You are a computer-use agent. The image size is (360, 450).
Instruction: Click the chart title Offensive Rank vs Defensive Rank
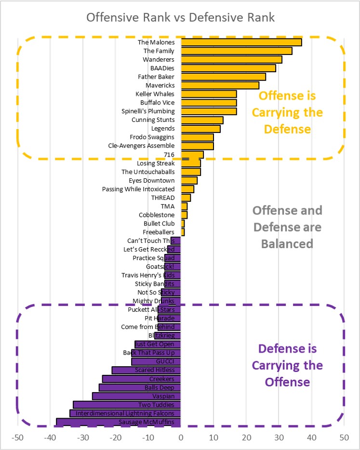click(180, 18)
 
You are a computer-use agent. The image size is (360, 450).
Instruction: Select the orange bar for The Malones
click(241, 42)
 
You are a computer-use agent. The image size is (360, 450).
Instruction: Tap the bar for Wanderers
click(231, 60)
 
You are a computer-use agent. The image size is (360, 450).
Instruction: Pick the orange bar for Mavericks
click(220, 85)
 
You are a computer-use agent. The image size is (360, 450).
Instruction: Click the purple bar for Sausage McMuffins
click(119, 423)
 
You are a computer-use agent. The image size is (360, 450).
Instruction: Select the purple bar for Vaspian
click(136, 397)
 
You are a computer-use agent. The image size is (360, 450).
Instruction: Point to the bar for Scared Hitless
click(146, 371)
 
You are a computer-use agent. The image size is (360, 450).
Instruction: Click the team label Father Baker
click(156, 77)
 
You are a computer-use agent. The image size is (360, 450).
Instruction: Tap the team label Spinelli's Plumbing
click(148, 111)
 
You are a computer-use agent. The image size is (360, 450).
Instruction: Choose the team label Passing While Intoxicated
click(138, 189)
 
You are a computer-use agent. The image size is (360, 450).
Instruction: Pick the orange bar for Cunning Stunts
click(202, 120)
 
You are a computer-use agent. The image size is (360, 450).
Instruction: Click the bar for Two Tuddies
click(127, 405)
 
